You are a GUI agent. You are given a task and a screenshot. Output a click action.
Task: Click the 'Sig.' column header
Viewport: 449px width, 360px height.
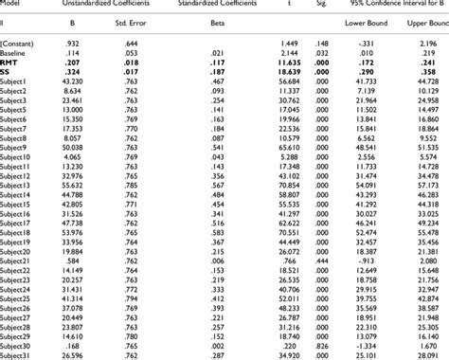[321, 4]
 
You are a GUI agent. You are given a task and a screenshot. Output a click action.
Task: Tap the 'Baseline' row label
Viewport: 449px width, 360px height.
[16, 53]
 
